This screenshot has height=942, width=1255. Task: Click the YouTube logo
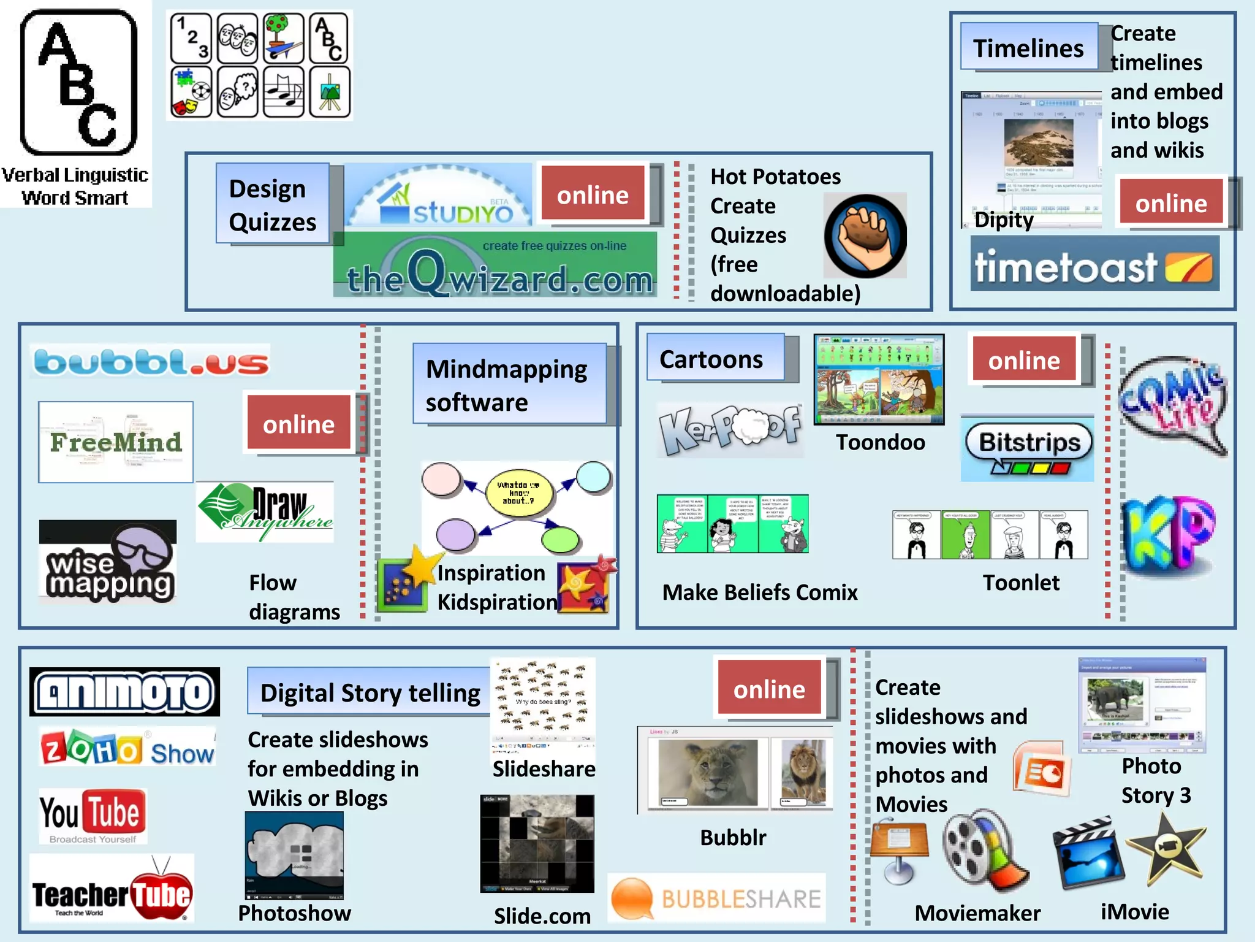(93, 816)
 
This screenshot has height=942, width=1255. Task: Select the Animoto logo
(125, 692)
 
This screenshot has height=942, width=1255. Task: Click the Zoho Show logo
(127, 749)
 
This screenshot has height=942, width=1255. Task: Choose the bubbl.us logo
(151, 361)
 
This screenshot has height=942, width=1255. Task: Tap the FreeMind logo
(116, 442)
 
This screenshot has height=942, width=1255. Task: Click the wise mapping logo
(108, 561)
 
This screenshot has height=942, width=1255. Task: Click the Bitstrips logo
(1028, 448)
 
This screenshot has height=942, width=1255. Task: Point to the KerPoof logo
(729, 429)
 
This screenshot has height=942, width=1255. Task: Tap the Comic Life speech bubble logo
(1172, 404)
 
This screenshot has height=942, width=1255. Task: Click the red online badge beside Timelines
(1171, 202)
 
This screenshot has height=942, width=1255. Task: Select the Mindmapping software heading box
(509, 385)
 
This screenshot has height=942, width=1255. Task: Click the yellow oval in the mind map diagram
(518, 492)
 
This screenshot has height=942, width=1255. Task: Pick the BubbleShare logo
(716, 899)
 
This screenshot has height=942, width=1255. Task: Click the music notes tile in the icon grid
(283, 93)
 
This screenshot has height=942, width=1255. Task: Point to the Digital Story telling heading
(370, 692)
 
